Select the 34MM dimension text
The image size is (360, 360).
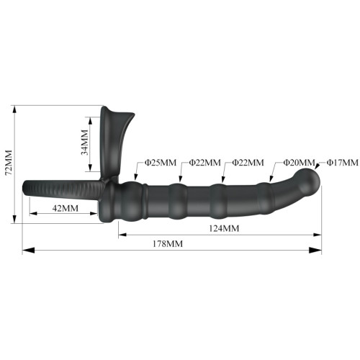(x=84, y=143)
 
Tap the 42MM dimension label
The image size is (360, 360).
(x=66, y=208)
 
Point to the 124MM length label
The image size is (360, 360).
(x=224, y=228)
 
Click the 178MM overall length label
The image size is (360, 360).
(x=168, y=244)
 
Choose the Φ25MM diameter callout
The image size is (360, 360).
(x=161, y=163)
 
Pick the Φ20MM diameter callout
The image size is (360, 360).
(x=299, y=163)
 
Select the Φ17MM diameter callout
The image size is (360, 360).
(x=343, y=163)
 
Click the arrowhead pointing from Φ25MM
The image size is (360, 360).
(x=136, y=177)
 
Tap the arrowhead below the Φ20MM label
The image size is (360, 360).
(x=271, y=179)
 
